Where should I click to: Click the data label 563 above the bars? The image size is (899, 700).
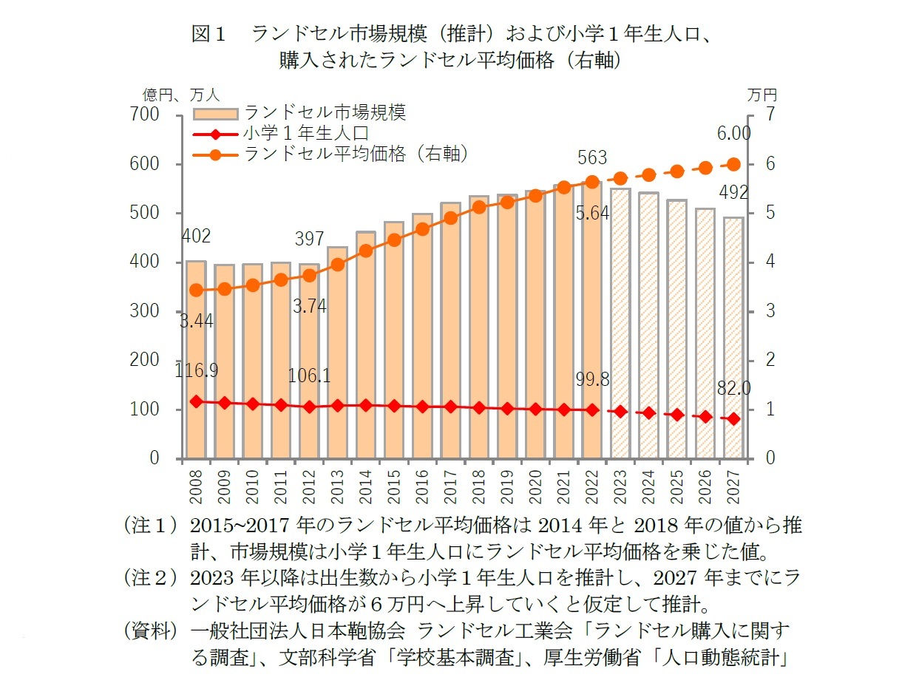tap(591, 157)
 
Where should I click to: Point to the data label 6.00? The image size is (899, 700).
tap(733, 133)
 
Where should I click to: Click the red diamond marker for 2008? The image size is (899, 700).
tap(196, 401)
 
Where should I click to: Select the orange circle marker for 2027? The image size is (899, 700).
tap(733, 164)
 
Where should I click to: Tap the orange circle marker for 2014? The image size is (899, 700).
tap(365, 251)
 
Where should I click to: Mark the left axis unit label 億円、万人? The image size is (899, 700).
tap(181, 95)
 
